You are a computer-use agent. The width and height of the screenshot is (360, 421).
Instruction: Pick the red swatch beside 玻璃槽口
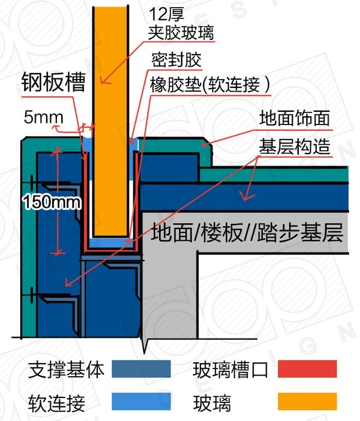point(307,370)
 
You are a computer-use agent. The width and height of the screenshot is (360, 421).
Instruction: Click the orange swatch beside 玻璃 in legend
point(307,402)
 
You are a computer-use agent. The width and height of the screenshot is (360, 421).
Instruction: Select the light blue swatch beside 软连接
point(141,402)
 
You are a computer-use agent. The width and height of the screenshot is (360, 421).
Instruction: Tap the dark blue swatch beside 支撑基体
point(141,370)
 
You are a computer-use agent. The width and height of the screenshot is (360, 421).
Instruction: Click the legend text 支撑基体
point(66,370)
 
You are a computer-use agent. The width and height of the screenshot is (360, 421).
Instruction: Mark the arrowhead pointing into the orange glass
point(103,82)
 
